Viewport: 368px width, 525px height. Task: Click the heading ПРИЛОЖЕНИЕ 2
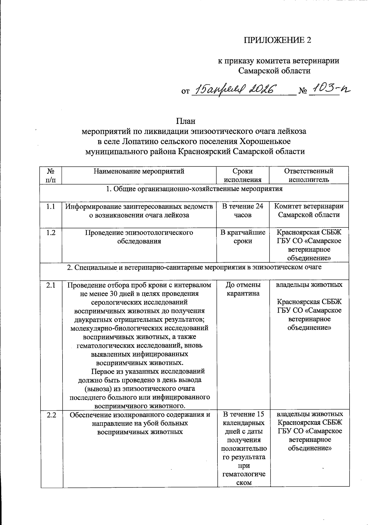point(277,40)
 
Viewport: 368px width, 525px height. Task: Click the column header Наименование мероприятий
point(139,171)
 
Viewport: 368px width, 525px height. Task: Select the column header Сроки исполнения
point(243,175)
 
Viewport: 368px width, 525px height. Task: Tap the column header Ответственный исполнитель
point(309,175)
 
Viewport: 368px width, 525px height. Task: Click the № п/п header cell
point(51,175)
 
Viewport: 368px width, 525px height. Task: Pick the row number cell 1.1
point(51,207)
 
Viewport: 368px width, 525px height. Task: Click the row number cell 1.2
point(51,233)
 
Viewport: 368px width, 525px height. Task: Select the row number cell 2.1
point(51,285)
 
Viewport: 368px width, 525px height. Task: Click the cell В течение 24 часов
point(243,211)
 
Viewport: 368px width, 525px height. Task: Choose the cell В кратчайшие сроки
point(243,237)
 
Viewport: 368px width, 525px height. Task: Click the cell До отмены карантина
point(243,289)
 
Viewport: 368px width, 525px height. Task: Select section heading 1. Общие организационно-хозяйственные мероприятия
point(194,189)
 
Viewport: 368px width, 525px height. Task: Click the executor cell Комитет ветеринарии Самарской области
point(309,211)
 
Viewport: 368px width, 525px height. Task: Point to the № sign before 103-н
point(303,91)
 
